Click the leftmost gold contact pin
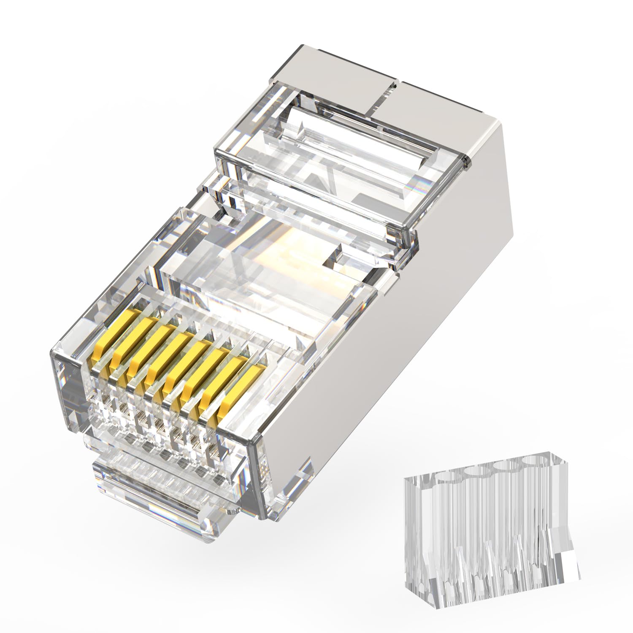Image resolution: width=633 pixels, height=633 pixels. [102, 345]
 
